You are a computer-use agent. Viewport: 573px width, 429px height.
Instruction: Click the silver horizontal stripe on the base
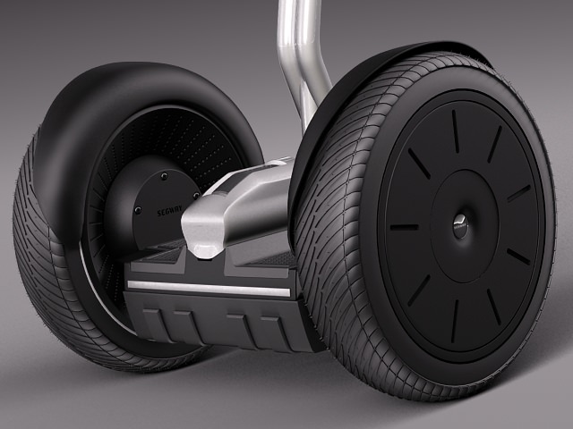[210, 289]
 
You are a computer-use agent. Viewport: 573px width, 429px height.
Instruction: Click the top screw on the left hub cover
[165, 177]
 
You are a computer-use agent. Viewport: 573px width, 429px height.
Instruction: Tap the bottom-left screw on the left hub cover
[137, 212]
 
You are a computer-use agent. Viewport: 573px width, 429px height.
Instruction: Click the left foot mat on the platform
[161, 259]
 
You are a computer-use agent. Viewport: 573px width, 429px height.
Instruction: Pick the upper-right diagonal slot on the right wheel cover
[494, 144]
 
